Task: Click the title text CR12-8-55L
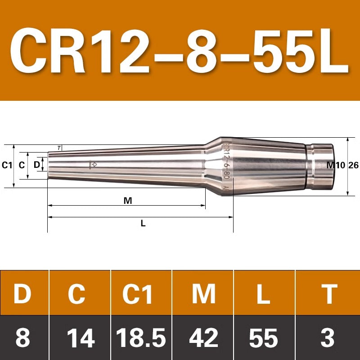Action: coord(179,51)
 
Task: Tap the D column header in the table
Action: coord(22,294)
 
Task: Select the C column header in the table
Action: coord(76,294)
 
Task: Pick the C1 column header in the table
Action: coord(137,294)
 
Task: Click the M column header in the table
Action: coord(204,294)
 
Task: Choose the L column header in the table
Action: coord(264,294)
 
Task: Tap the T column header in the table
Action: coord(329,294)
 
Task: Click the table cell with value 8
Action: coord(23,338)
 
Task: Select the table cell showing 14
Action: coord(81,338)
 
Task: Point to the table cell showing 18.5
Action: coord(141,338)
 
